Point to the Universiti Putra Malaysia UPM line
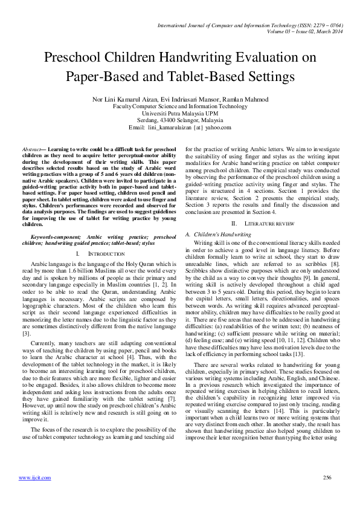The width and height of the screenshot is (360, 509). coord(180,113)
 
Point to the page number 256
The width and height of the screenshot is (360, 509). coord(327,477)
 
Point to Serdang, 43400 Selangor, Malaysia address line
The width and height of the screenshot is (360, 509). coord(180,120)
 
